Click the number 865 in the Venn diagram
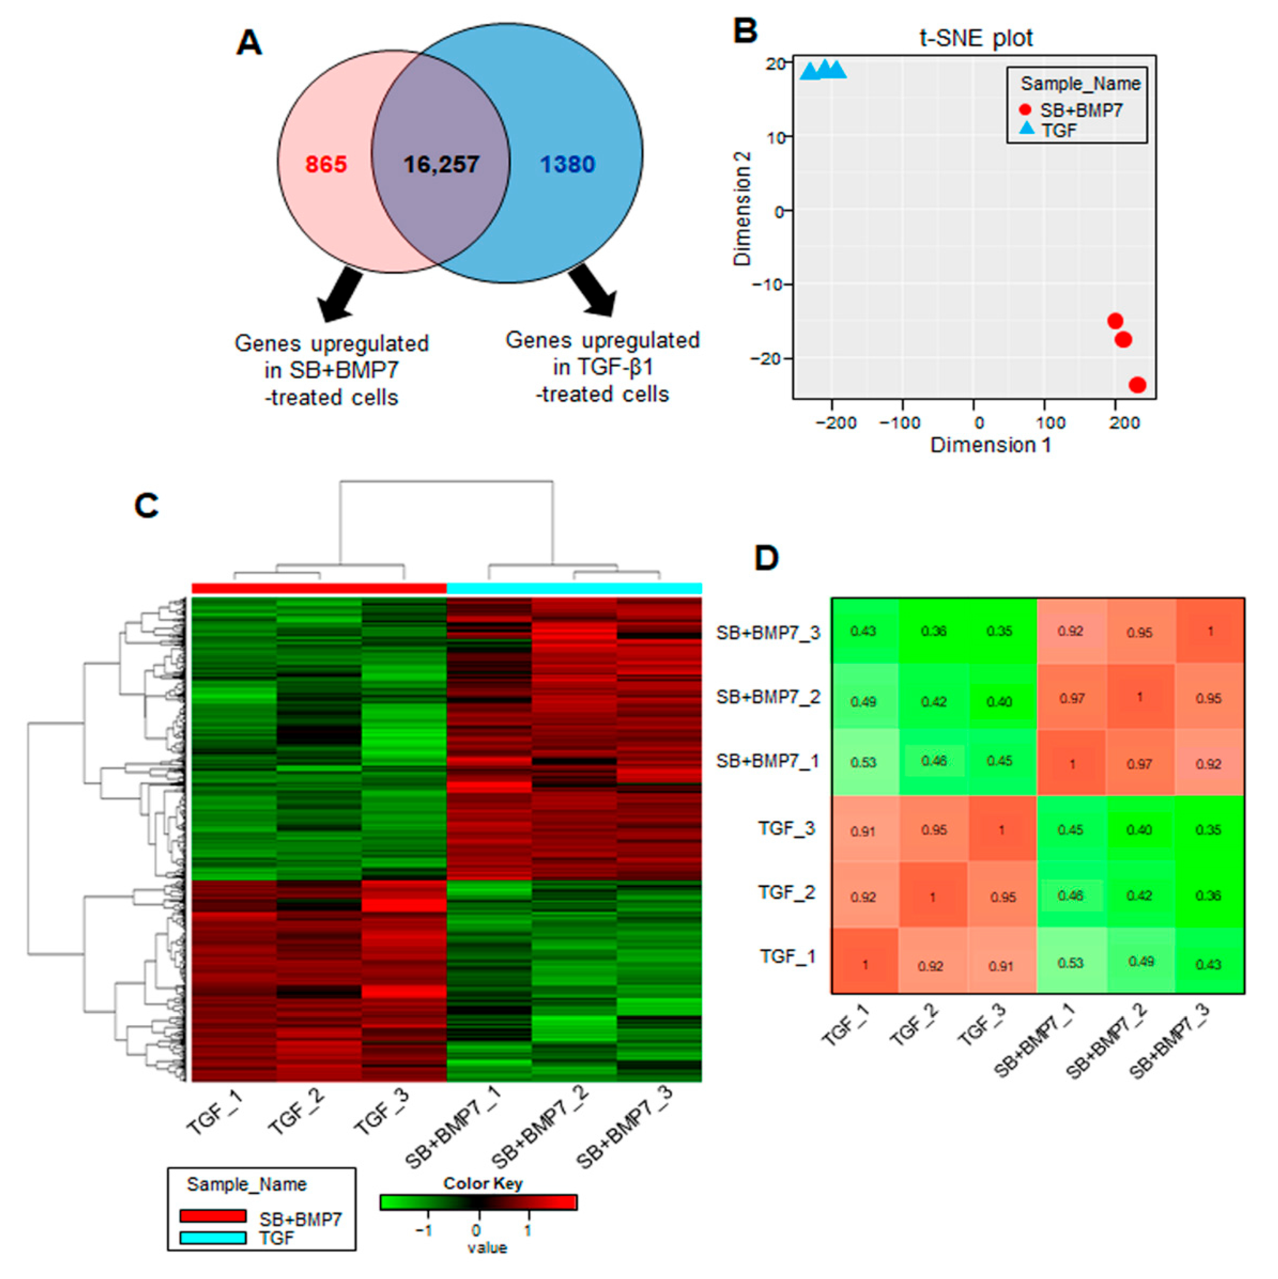(x=326, y=164)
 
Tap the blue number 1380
(x=567, y=164)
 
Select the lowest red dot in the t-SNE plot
(x=1137, y=384)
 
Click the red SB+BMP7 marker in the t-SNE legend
(x=1025, y=110)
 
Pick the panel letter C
(x=146, y=506)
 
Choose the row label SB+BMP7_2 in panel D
(x=768, y=697)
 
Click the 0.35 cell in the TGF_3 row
(x=1208, y=830)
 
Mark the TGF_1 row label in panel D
(x=787, y=957)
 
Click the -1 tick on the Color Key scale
(x=424, y=1230)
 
